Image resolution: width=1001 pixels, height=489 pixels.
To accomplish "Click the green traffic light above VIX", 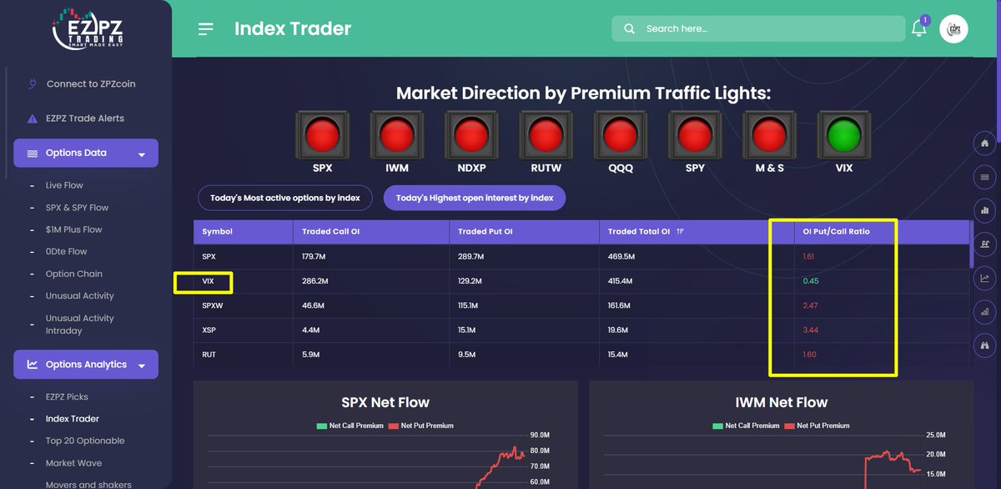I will [x=844, y=134].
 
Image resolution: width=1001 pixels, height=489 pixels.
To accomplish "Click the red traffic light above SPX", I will [x=322, y=134].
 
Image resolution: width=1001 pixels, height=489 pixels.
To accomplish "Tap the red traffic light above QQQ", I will [x=620, y=134].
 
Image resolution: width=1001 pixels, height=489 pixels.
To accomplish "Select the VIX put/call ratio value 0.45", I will [x=810, y=281].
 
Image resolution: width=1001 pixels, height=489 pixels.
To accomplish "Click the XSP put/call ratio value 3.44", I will [x=810, y=330].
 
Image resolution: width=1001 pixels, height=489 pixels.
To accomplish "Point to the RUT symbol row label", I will [x=209, y=355].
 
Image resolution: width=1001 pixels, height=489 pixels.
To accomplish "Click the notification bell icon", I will [x=918, y=28].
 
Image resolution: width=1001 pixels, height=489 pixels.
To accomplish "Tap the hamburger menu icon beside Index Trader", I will [x=206, y=29].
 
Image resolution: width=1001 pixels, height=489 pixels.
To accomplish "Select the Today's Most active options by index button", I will [x=284, y=199].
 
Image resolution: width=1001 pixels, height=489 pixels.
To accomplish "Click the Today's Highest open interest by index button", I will [x=475, y=199].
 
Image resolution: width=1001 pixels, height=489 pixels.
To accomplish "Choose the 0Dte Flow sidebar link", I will [x=66, y=251].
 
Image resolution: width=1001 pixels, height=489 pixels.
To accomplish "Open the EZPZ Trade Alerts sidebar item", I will [x=84, y=118].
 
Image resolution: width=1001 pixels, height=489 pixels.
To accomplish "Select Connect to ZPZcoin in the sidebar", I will [x=90, y=84].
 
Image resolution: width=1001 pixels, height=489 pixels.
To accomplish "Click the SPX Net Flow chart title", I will [x=385, y=402].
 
